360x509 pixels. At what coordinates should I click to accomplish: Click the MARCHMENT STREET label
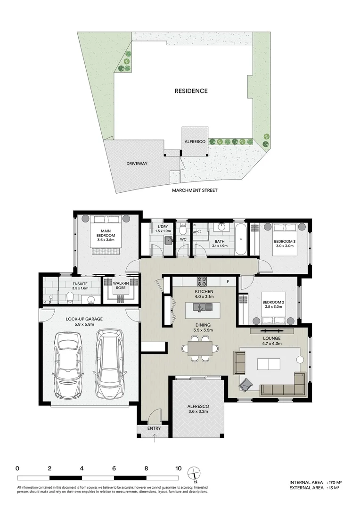195,190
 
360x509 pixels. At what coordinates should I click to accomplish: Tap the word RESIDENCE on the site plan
191,91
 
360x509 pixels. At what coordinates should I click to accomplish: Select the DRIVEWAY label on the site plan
137,164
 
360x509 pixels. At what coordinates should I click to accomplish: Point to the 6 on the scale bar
114,468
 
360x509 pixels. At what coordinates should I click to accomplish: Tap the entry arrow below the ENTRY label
155,438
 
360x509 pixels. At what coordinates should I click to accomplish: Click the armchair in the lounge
245,385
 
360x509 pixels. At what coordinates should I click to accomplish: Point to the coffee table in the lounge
269,364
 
